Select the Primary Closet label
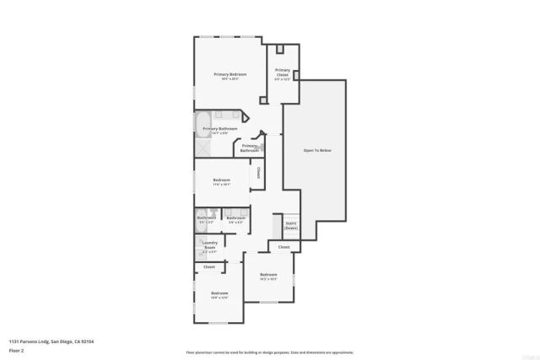[282, 72]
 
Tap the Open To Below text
[316, 150]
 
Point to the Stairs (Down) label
[290, 225]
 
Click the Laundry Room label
[209, 244]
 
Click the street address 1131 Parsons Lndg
[28, 341]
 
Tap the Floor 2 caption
[16, 350]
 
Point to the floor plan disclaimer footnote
[270, 352]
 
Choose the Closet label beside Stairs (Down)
[283, 247]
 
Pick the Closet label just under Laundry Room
[208, 266]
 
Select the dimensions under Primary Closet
[282, 79]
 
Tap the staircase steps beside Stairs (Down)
[276, 226]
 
